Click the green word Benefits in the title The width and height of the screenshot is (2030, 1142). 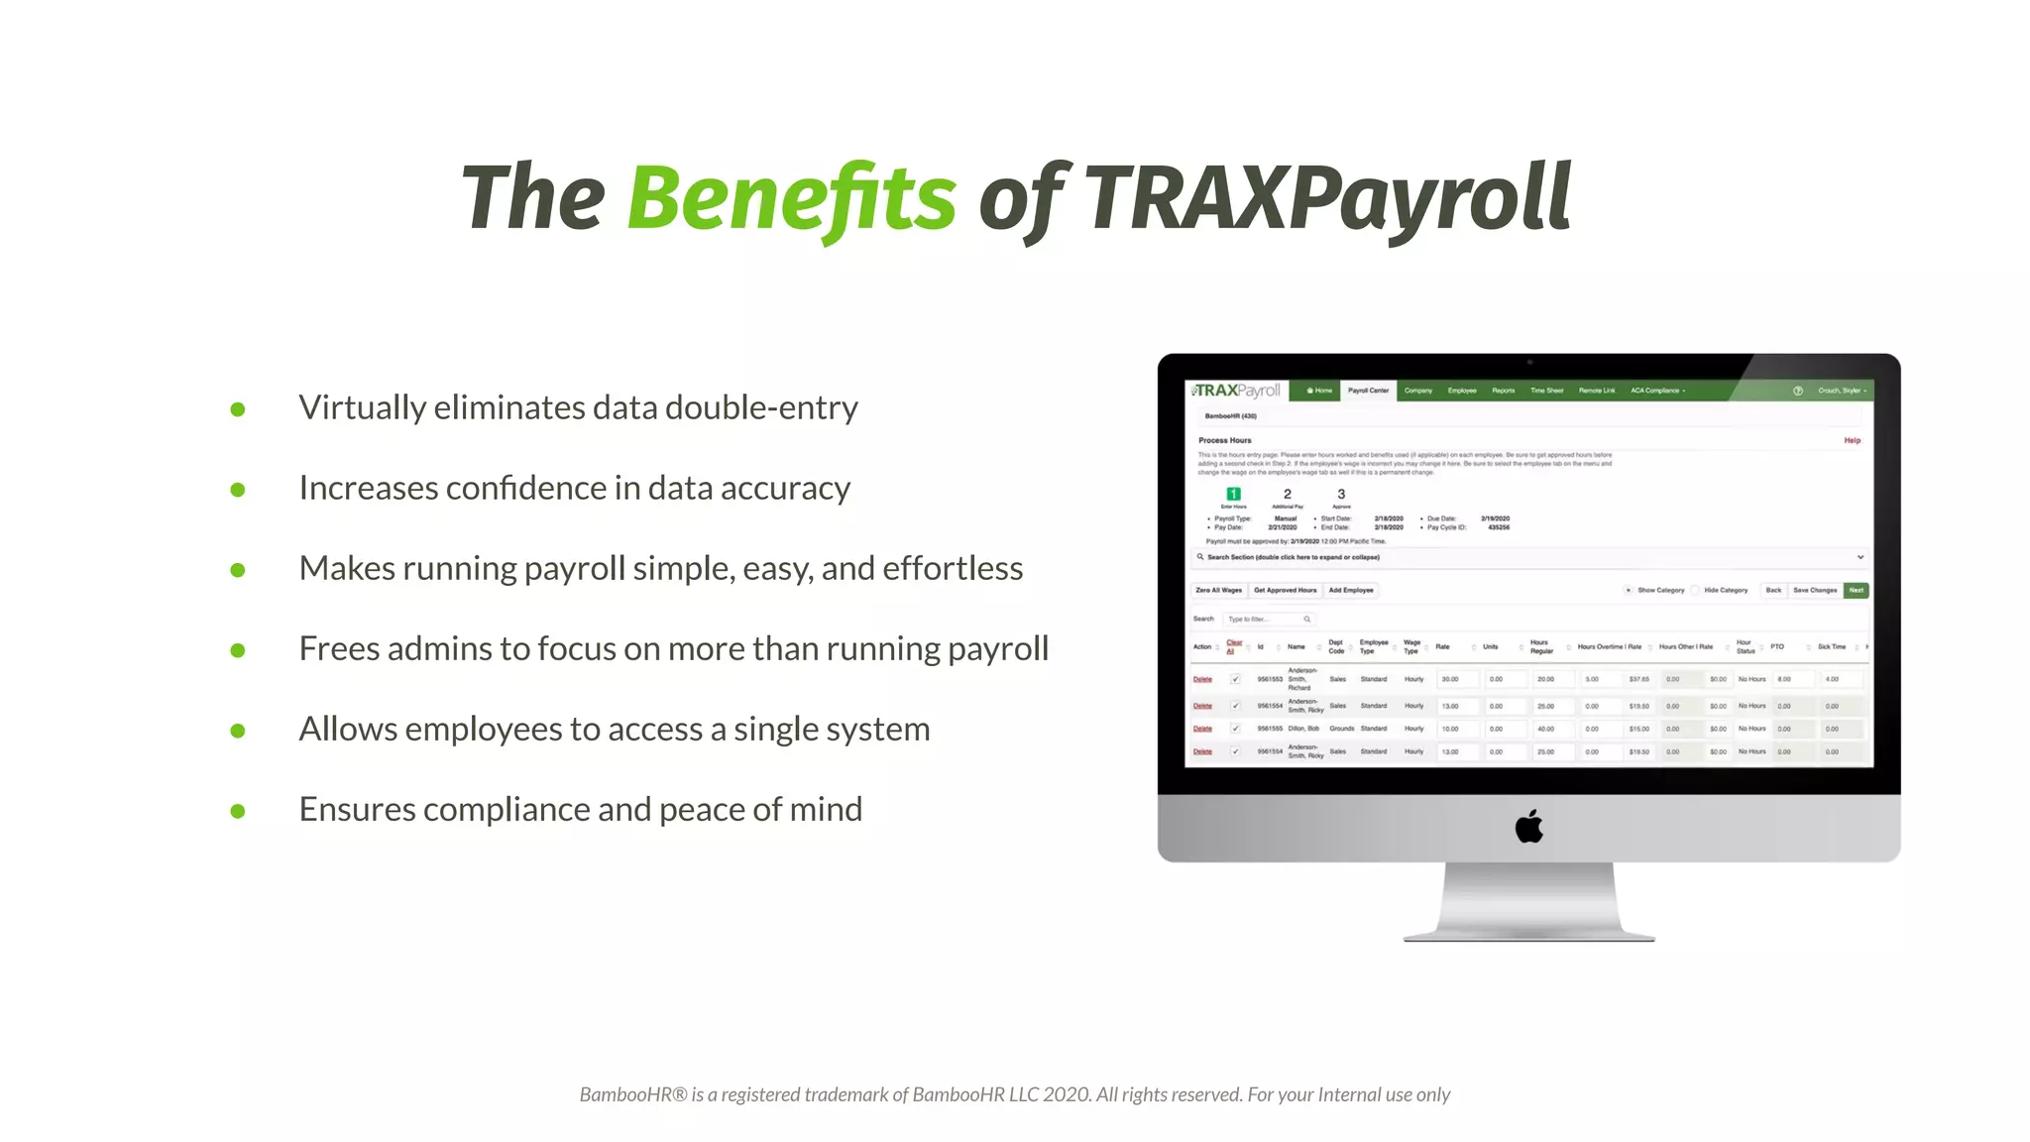pyautogui.click(x=791, y=197)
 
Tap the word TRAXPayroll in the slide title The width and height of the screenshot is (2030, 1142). pyautogui.click(x=1327, y=197)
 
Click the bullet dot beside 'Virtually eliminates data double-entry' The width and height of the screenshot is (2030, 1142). pyautogui.click(x=238, y=409)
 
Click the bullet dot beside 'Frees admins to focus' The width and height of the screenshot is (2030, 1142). pyautogui.click(x=238, y=650)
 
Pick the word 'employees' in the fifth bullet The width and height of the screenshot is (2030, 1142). pyautogui.click(x=500, y=729)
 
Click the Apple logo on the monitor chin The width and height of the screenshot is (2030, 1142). pyautogui.click(x=1528, y=826)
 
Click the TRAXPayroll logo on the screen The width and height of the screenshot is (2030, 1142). pyautogui.click(x=1238, y=391)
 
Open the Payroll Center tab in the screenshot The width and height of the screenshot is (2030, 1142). pyautogui.click(x=1368, y=391)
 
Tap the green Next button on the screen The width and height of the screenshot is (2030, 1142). pyautogui.click(x=1856, y=590)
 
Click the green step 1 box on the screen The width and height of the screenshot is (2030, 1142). pyautogui.click(x=1233, y=494)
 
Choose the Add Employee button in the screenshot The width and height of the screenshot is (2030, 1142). pyautogui.click(x=1351, y=590)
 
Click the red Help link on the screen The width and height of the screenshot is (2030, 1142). pyautogui.click(x=1852, y=440)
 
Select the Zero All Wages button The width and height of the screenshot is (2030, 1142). pyautogui.click(x=1218, y=590)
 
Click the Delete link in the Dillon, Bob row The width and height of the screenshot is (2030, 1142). pyautogui.click(x=1202, y=729)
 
